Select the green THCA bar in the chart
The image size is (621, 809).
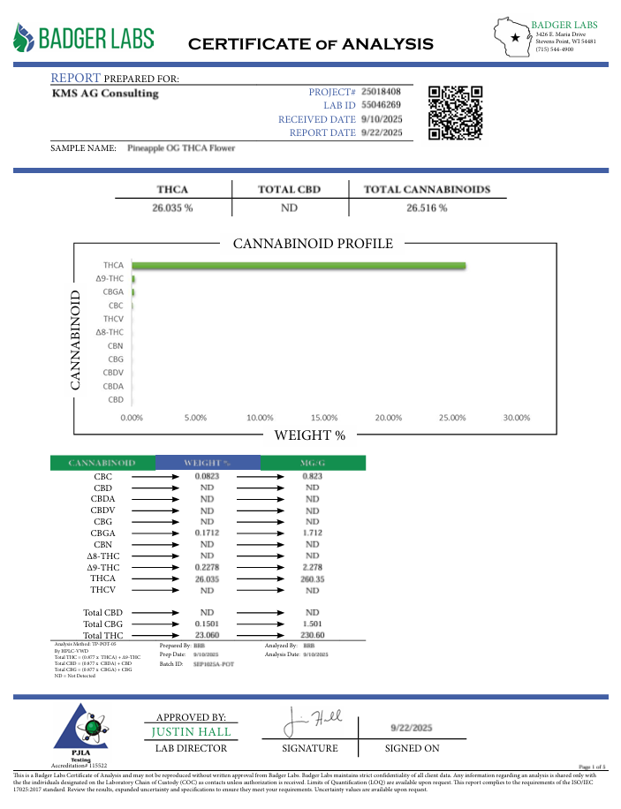pos(299,265)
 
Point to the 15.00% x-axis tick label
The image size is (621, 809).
pos(324,418)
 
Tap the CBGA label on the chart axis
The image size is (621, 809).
pos(112,291)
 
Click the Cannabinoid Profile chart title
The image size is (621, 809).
pos(312,244)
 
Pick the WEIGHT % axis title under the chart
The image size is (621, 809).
pos(309,435)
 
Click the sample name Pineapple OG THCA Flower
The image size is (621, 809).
pos(181,148)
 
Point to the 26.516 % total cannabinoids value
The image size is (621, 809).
pos(427,208)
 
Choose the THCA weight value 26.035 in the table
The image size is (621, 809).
pos(207,578)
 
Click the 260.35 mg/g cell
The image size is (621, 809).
pos(312,578)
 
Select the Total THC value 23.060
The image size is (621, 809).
pos(207,635)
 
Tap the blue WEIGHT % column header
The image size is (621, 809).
pos(207,462)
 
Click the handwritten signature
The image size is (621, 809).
pos(314,722)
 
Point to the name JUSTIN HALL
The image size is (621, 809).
pos(192,732)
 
